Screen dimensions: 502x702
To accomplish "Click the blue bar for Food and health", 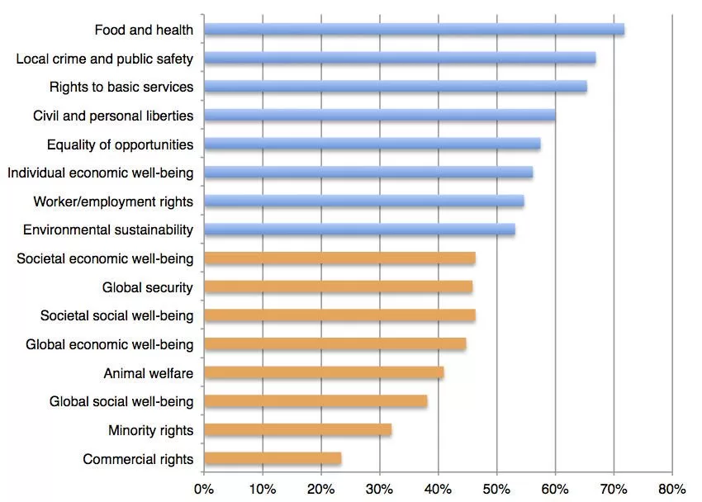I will [x=413, y=30].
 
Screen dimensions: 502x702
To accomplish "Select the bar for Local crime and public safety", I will [x=400, y=59].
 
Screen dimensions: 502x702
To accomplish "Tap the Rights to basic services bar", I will [x=395, y=87].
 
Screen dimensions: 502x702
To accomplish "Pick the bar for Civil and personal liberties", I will [x=379, y=116].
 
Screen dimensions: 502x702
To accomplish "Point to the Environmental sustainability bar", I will [x=359, y=230].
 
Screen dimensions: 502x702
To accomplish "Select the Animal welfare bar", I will [x=324, y=372].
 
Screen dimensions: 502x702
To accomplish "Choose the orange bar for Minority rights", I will [x=297, y=430].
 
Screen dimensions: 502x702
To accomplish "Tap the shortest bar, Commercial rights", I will [x=273, y=458].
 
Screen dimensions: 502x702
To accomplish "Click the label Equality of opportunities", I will [x=120, y=144].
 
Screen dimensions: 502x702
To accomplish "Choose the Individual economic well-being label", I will [x=100, y=173].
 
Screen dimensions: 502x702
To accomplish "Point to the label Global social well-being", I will [x=121, y=401].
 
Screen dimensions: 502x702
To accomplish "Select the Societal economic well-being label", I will [x=105, y=258].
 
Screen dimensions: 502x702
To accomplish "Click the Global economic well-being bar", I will [x=334, y=344].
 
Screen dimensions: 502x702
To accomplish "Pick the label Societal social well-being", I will [x=116, y=315].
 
